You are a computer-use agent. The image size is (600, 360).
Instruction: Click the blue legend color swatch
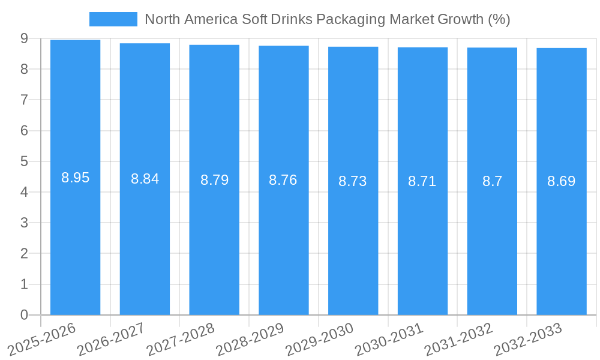113,19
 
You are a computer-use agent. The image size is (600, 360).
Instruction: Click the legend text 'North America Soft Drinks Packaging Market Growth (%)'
327,19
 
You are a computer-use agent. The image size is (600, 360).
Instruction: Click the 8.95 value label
75,178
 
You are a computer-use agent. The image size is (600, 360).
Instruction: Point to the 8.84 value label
145,179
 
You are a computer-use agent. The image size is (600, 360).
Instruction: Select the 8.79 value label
214,180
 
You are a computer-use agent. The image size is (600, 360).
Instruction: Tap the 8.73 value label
353,181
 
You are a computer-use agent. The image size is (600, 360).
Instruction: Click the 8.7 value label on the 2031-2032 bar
492,181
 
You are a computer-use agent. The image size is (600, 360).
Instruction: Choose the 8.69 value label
562,181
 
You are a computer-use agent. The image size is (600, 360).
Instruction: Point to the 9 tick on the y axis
24,38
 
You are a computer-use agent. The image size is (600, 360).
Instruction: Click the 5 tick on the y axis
24,161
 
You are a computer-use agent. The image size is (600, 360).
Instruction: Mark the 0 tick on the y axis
24,315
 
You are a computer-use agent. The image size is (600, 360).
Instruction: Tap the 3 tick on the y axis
24,223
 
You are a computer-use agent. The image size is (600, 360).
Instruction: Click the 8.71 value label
422,181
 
